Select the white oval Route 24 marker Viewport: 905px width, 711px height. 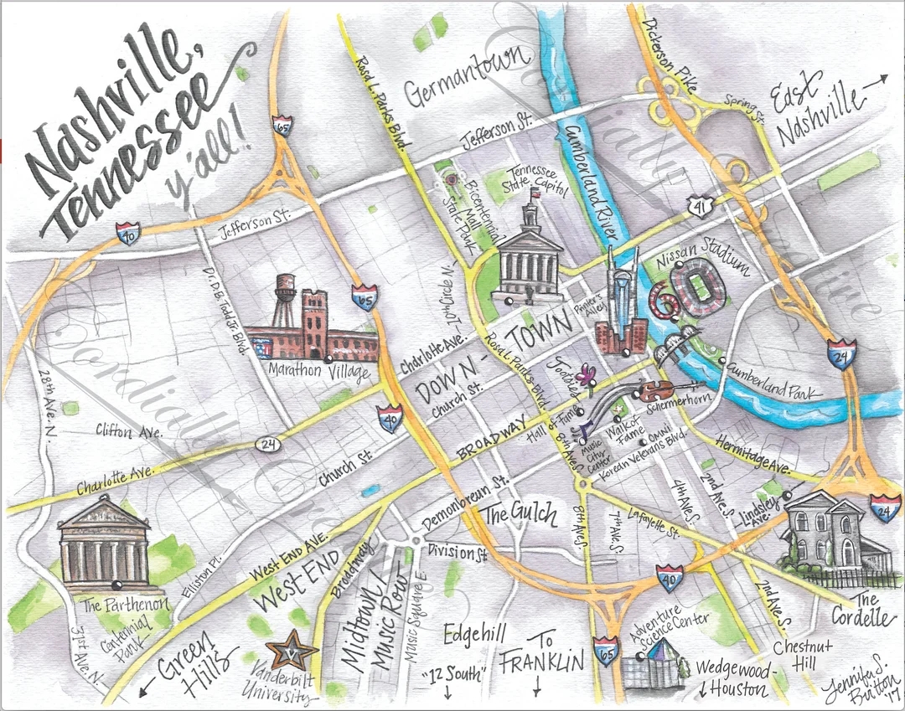point(264,441)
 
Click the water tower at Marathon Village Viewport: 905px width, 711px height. point(286,289)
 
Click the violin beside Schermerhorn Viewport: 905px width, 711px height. point(655,389)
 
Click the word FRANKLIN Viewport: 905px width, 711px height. point(541,663)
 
